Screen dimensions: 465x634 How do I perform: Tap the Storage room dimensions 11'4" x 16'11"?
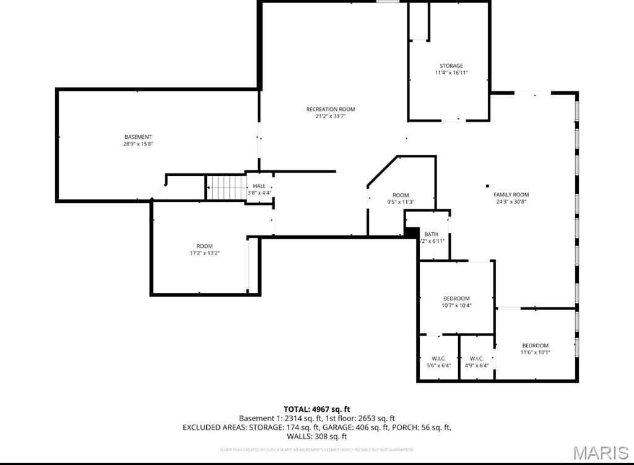point(451,73)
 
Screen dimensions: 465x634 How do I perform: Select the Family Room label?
point(511,194)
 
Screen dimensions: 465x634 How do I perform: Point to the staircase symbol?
point(226,187)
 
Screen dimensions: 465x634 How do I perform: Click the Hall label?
point(259,186)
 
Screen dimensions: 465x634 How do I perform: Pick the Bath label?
point(432,234)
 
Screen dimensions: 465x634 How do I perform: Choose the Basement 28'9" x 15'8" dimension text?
point(138,144)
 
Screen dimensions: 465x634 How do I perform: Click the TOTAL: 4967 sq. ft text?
point(317,409)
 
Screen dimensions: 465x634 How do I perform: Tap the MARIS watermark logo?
point(602,453)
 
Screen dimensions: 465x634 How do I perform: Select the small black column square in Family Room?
point(488,185)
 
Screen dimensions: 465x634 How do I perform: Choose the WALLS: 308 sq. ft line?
point(317,437)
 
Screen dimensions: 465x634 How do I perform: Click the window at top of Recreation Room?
point(388,2)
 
